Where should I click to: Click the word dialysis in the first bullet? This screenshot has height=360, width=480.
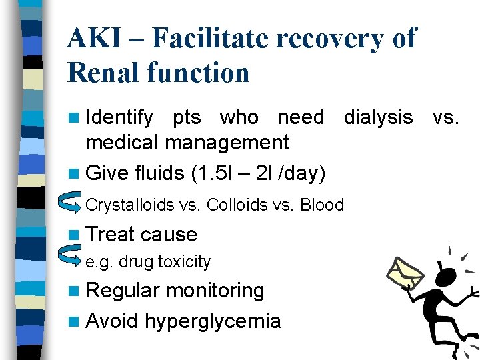coord(378,117)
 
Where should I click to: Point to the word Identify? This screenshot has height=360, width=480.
coord(119,117)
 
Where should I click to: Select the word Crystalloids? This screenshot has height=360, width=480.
coord(130,205)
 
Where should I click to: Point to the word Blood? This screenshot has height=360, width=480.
coord(321,205)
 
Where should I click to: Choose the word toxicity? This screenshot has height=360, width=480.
coord(184,262)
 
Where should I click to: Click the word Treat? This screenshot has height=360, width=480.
coord(111,235)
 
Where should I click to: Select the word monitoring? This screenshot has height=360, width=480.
coord(215,291)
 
